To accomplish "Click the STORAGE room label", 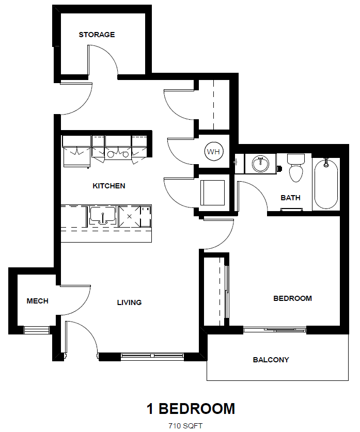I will point(97,35).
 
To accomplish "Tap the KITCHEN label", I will point(108,186).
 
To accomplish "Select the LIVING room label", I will point(129,302).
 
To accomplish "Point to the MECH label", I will point(37,301).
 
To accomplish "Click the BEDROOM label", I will point(292,298).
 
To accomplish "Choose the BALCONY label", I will point(271,360).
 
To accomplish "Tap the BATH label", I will point(290,198).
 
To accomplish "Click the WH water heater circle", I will point(213,152).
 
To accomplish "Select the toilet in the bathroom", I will point(295,168).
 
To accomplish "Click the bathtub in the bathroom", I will point(326,183).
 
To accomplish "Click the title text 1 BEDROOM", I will point(191,409).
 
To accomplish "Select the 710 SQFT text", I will point(184,426).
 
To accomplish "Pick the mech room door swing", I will point(77,299).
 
